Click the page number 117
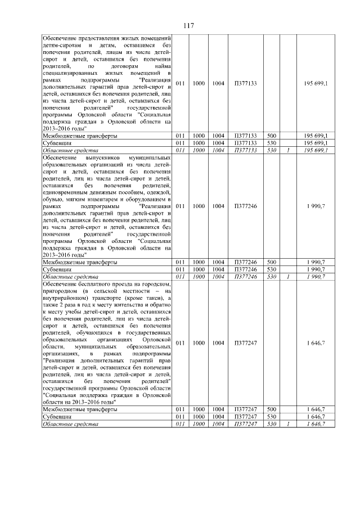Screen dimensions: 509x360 pyautogui.click(x=188, y=26)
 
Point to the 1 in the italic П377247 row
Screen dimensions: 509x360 pyautogui.click(x=287, y=424)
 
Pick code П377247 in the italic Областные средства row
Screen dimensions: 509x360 pyautogui.click(x=245, y=424)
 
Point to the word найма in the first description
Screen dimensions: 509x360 pyautogui.click(x=161, y=66)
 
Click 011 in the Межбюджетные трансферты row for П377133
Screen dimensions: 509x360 pyautogui.click(x=180, y=136)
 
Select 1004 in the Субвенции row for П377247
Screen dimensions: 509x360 pyautogui.click(x=218, y=417)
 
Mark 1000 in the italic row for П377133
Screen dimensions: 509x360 pyautogui.click(x=199, y=151)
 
